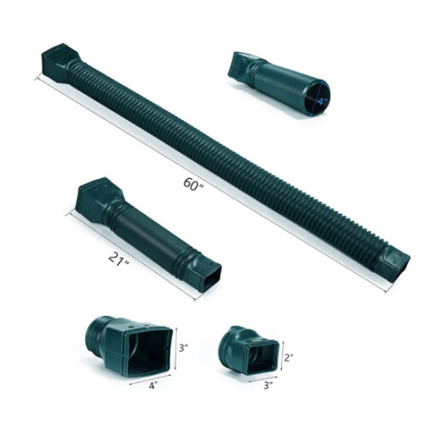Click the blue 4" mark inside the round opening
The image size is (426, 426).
click(319, 101)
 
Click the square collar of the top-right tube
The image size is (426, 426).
click(240, 65)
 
